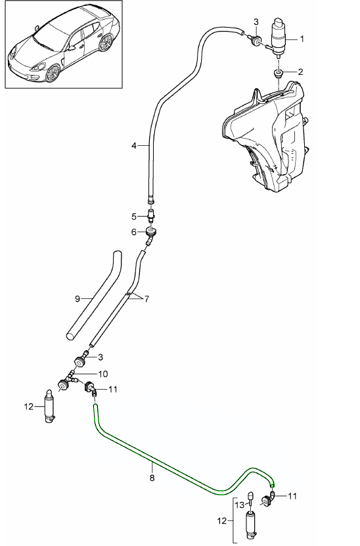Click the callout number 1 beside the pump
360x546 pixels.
(x=302, y=39)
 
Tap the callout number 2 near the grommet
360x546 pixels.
(x=300, y=72)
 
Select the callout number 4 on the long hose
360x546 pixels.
(x=134, y=146)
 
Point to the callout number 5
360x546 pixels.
(x=134, y=217)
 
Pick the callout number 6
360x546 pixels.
(x=134, y=232)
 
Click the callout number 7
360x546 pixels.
(x=146, y=299)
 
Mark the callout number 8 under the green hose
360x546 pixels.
(x=152, y=478)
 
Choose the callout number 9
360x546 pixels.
(x=78, y=299)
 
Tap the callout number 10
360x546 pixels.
(x=103, y=375)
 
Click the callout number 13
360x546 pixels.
(x=240, y=505)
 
